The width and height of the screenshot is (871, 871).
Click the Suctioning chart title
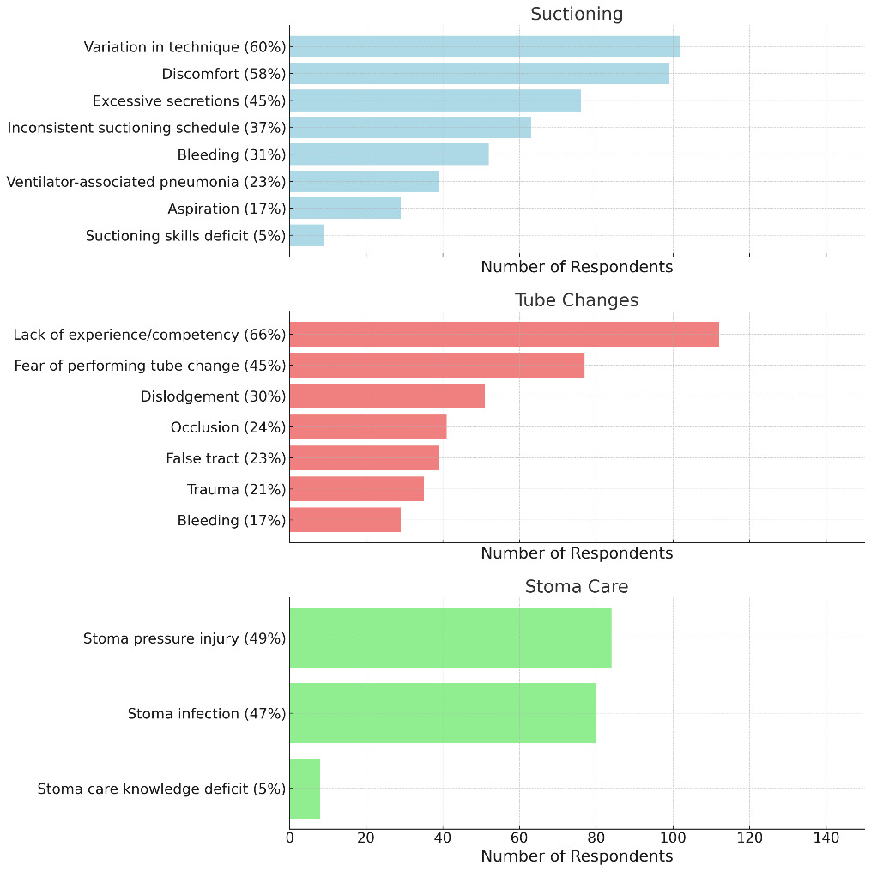pyautogui.click(x=577, y=14)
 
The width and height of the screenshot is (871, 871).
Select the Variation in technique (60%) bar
pyautogui.click(x=485, y=46)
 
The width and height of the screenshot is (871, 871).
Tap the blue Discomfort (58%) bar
pyautogui.click(x=479, y=73)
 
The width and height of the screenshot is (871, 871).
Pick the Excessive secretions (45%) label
pyautogui.click(x=189, y=100)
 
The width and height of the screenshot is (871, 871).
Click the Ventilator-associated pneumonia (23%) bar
pyautogui.click(x=364, y=181)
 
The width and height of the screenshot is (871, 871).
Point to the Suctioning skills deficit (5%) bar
pyautogui.click(x=306, y=235)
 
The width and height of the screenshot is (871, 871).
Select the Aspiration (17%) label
pyautogui.click(x=227, y=209)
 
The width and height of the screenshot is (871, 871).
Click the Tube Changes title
pyautogui.click(x=577, y=300)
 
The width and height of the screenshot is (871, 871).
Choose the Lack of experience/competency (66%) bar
pyautogui.click(x=504, y=335)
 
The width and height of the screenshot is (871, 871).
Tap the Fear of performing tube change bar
pyautogui.click(x=437, y=366)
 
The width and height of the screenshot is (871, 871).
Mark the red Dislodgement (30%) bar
pyautogui.click(x=387, y=396)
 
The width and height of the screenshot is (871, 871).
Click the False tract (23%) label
pyautogui.click(x=226, y=458)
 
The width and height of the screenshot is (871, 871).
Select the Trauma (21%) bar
pyautogui.click(x=356, y=489)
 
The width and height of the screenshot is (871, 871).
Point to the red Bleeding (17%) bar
pyautogui.click(x=345, y=520)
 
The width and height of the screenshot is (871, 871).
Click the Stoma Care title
pyautogui.click(x=577, y=587)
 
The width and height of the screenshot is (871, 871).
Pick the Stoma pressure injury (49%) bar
pyautogui.click(x=451, y=638)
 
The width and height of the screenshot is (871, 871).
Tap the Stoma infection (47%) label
pyautogui.click(x=207, y=713)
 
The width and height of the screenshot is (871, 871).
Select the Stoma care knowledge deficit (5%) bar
pyautogui.click(x=305, y=789)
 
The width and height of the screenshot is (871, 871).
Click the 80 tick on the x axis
pyautogui.click(x=596, y=837)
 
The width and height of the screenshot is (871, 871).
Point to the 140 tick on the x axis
pyautogui.click(x=826, y=837)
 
